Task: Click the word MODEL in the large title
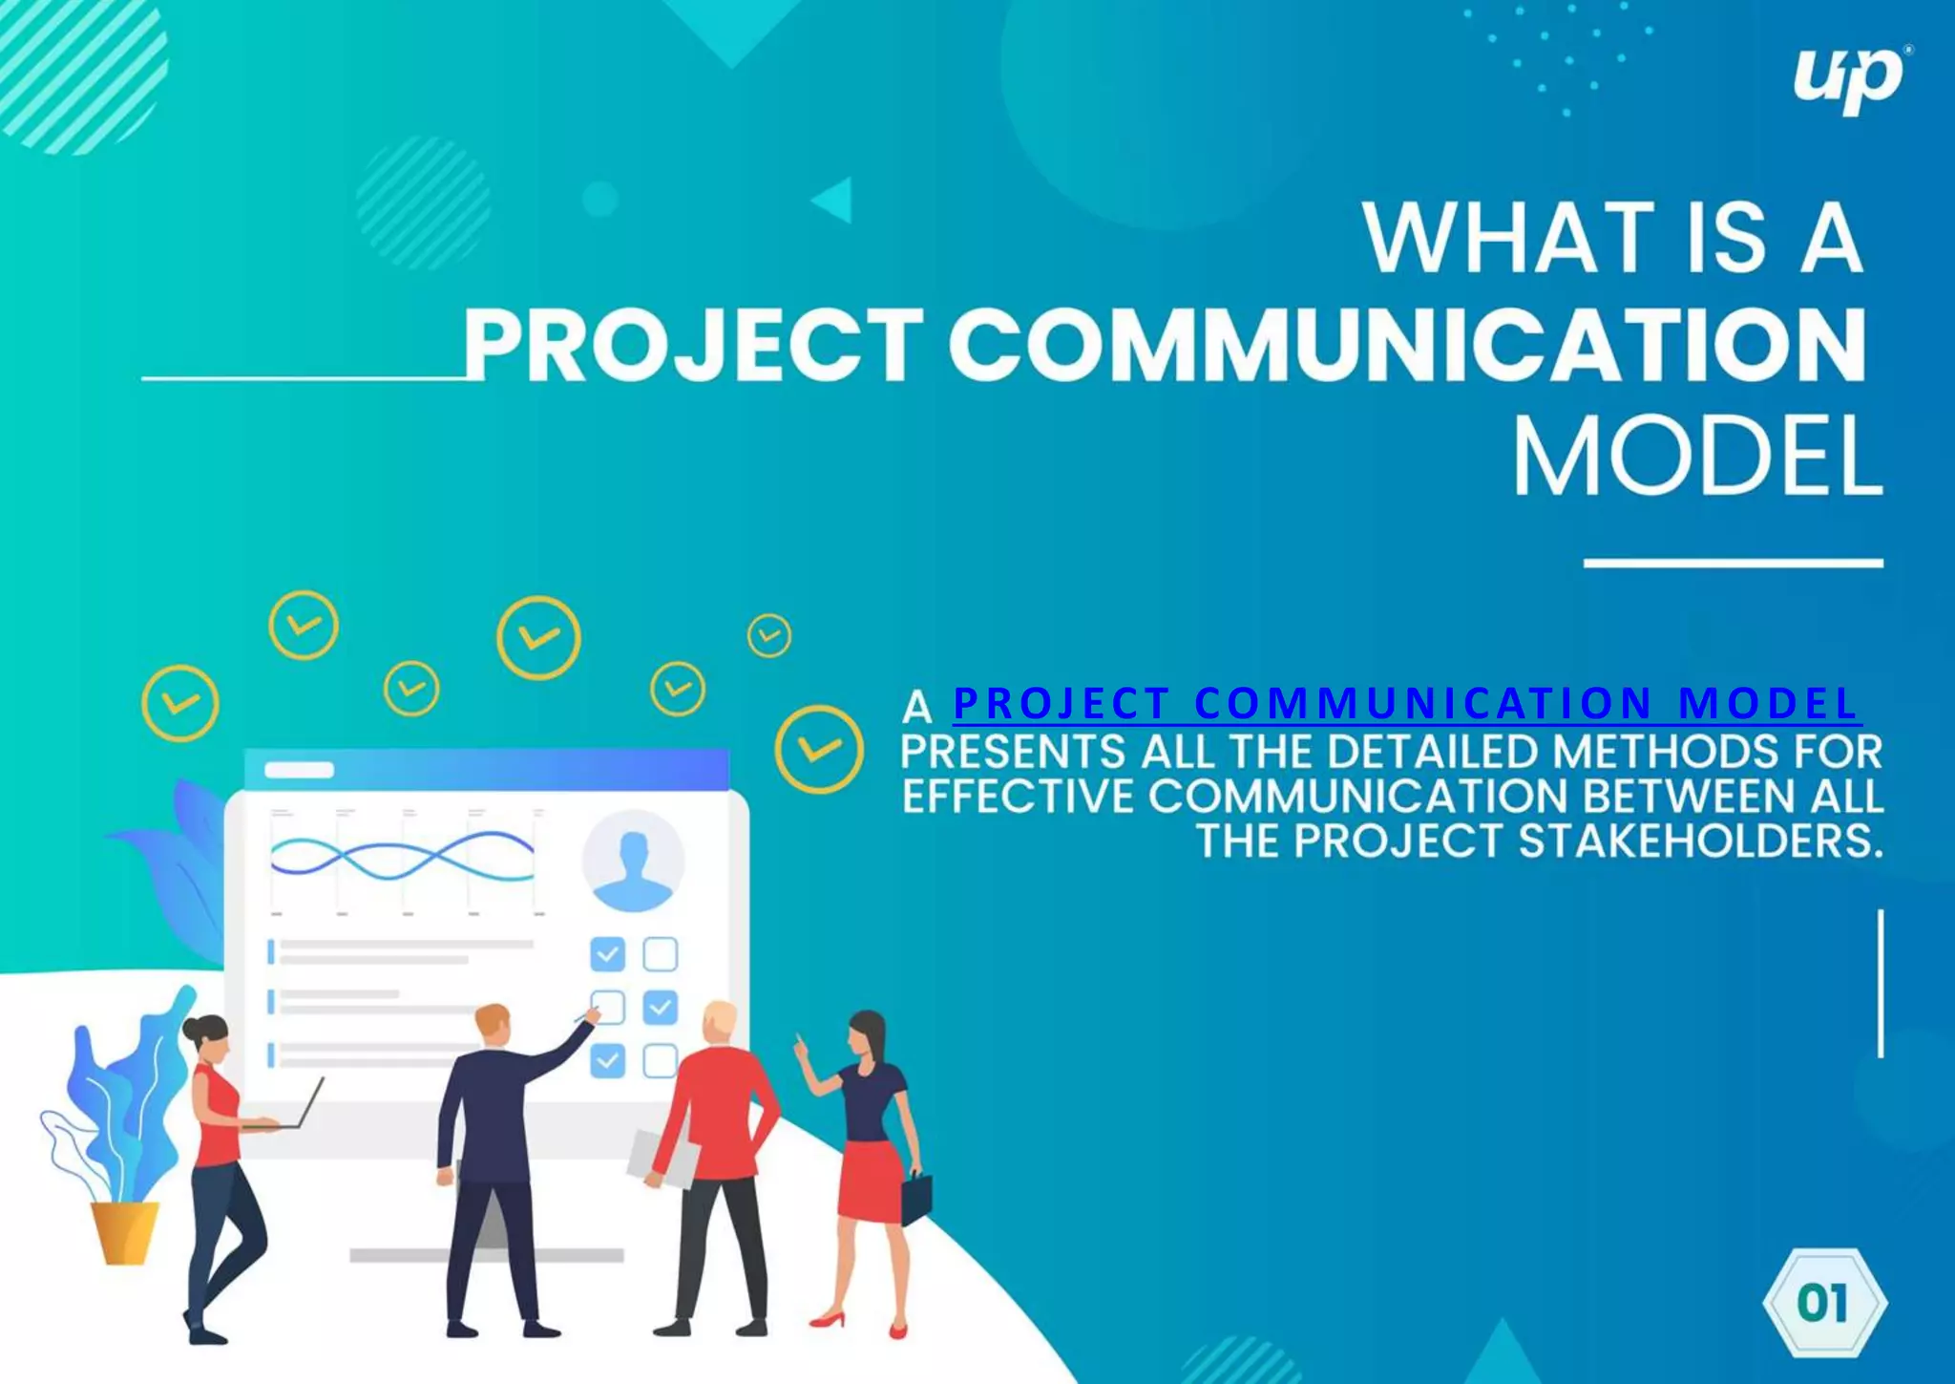(1697, 457)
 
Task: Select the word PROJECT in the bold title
(693, 346)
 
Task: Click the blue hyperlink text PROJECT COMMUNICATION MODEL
(1405, 704)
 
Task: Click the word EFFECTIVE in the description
(1019, 797)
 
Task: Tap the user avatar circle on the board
(633, 861)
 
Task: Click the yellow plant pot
(124, 1231)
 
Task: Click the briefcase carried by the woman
(916, 1198)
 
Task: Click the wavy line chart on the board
(402, 857)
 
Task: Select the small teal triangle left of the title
(833, 200)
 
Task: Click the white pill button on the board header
(299, 770)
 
